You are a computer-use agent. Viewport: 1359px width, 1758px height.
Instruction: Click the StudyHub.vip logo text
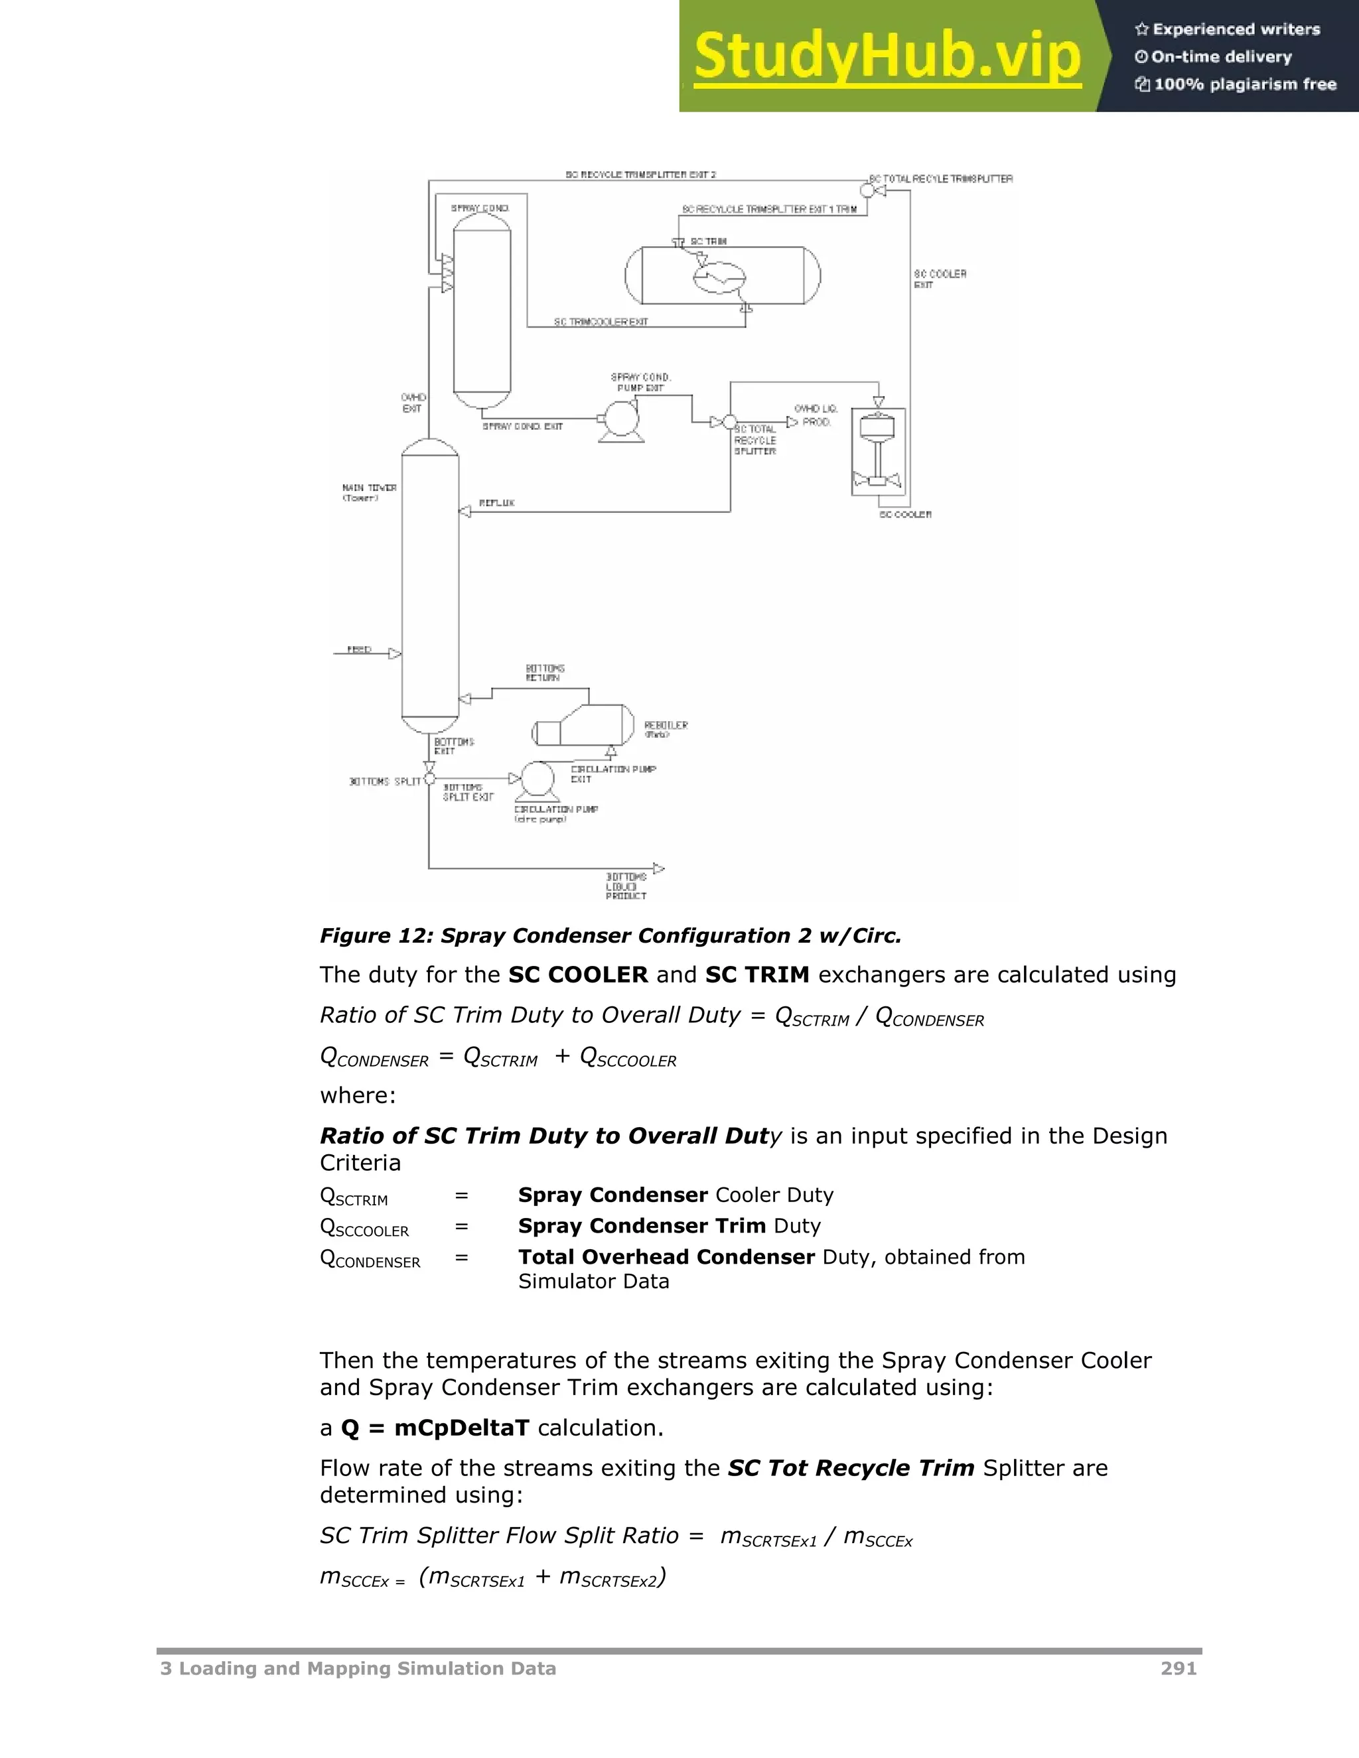(x=887, y=56)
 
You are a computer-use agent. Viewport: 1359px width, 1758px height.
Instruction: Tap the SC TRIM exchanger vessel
(x=722, y=275)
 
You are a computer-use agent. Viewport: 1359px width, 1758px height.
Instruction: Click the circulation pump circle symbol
(x=537, y=779)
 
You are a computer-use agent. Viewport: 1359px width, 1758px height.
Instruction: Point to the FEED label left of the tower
(x=359, y=649)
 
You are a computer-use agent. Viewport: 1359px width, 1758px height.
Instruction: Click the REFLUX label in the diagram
(x=497, y=503)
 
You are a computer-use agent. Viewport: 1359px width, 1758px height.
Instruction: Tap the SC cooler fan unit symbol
(x=879, y=450)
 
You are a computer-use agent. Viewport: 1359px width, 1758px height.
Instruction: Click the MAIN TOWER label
(x=370, y=492)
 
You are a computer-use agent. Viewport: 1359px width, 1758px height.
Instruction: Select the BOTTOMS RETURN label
(x=545, y=673)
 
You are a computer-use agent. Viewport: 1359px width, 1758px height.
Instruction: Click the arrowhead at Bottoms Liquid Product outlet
(x=658, y=868)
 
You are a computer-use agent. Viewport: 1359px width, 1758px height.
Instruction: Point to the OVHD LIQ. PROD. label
(x=816, y=415)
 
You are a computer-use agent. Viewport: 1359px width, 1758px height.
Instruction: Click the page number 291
(x=1179, y=1668)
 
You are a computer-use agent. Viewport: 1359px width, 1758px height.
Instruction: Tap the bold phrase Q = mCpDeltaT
(x=435, y=1428)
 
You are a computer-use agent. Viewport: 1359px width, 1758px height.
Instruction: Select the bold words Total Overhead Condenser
(x=667, y=1257)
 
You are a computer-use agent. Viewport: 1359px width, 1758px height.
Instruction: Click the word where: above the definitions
(x=358, y=1095)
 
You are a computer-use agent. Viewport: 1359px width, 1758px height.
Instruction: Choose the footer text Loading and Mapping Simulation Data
(x=367, y=1668)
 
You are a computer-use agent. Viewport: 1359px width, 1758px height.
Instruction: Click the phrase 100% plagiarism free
(x=1245, y=84)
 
